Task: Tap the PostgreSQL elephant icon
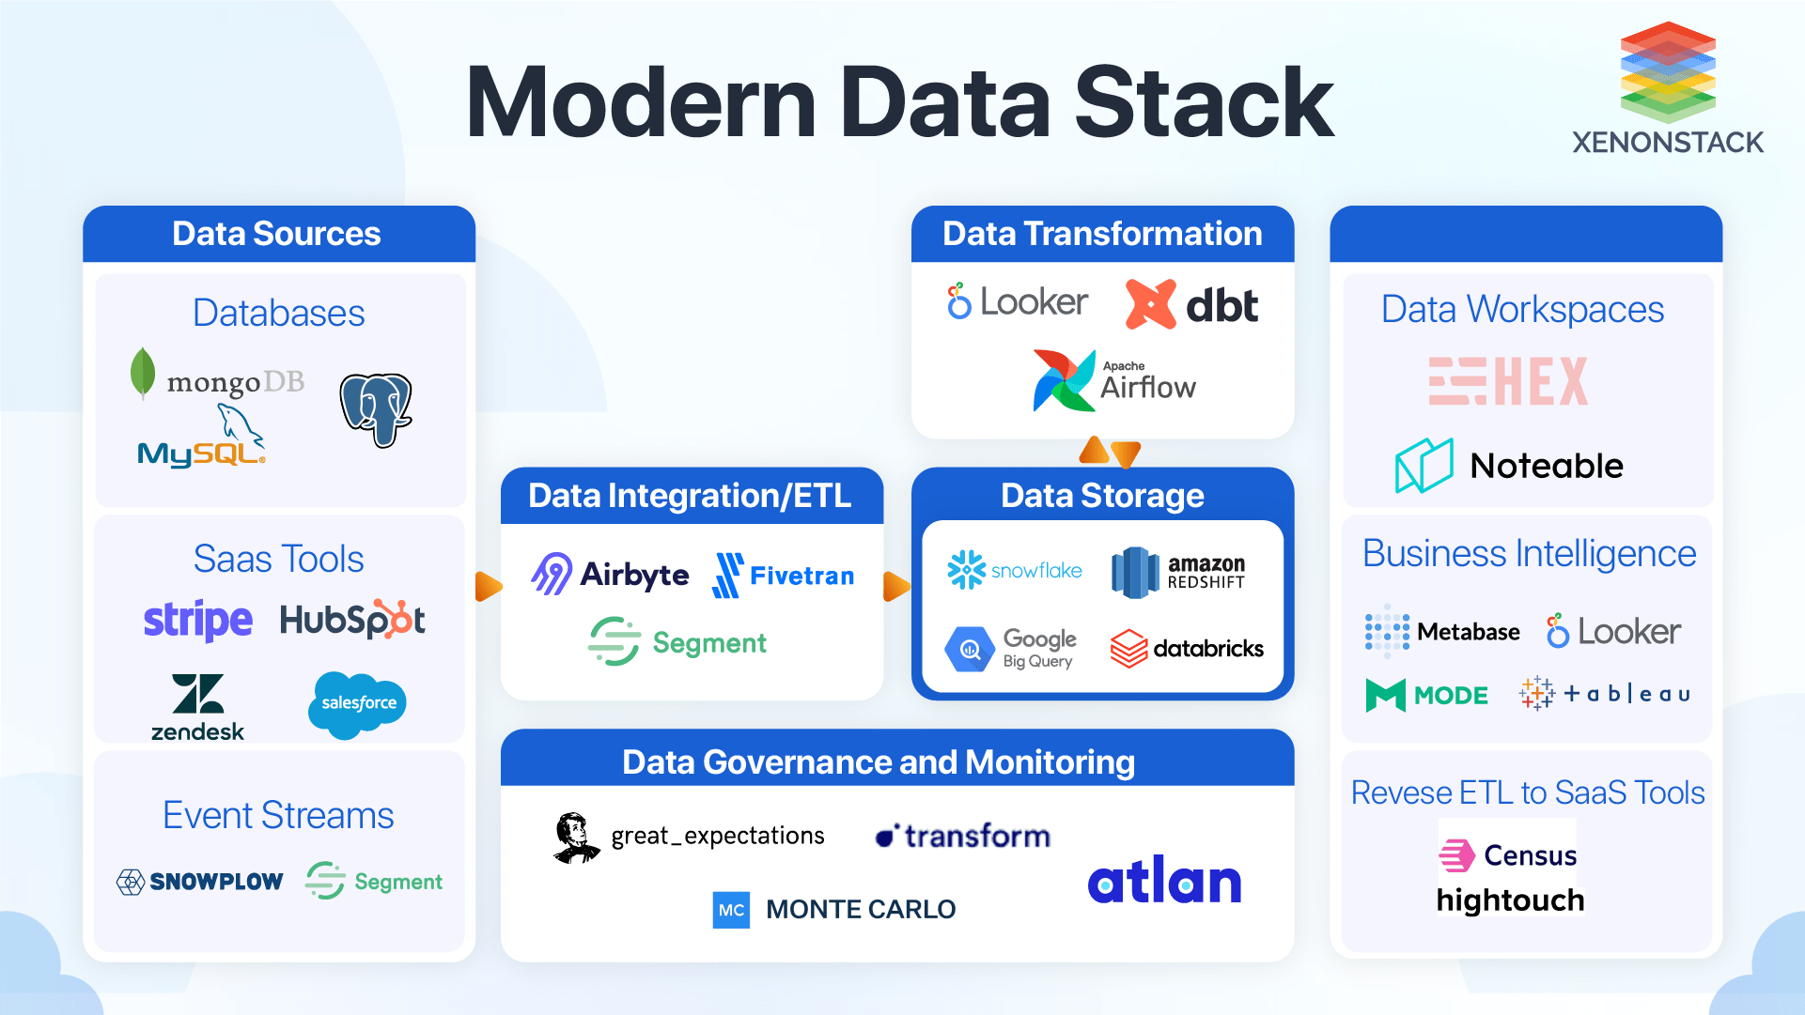[x=376, y=409]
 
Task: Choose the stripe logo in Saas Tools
[x=197, y=621]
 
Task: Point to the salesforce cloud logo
[x=357, y=703]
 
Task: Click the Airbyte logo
[x=610, y=574]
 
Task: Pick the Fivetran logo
[x=784, y=575]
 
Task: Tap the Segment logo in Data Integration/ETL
[x=677, y=642]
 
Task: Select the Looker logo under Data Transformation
[x=1017, y=302]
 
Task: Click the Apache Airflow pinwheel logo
[x=1064, y=380]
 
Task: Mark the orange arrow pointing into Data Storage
[x=896, y=587]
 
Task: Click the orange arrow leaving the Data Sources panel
[x=488, y=587]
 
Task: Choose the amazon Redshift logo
[x=1178, y=572]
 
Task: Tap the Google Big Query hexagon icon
[x=970, y=649]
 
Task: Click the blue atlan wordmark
[x=1164, y=881]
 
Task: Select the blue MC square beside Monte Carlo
[x=731, y=910]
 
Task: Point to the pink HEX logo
[x=1508, y=381]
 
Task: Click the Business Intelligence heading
[x=1529, y=554]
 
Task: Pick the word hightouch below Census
[x=1510, y=900]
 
